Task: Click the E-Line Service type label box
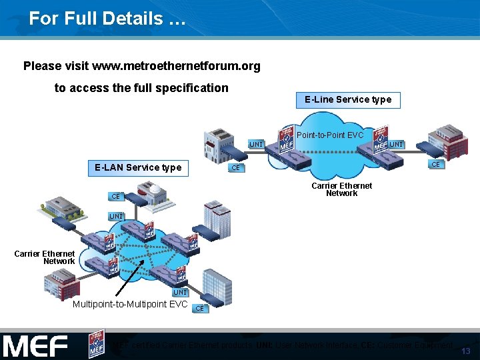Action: click(x=348, y=100)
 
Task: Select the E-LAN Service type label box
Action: click(x=138, y=167)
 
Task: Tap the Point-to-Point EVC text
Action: click(x=330, y=135)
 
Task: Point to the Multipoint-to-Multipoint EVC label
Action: click(x=130, y=305)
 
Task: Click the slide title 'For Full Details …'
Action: click(x=107, y=19)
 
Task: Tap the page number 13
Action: click(x=465, y=351)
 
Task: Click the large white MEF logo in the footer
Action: click(x=36, y=346)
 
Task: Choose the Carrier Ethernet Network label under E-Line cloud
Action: click(x=341, y=189)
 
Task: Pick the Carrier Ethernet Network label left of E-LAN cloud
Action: click(x=45, y=257)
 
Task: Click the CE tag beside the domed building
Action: click(x=116, y=197)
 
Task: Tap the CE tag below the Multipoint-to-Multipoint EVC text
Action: click(x=199, y=309)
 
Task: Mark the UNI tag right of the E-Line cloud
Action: click(x=396, y=145)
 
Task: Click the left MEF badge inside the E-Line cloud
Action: click(x=287, y=138)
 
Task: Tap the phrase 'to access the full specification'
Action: click(x=141, y=88)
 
